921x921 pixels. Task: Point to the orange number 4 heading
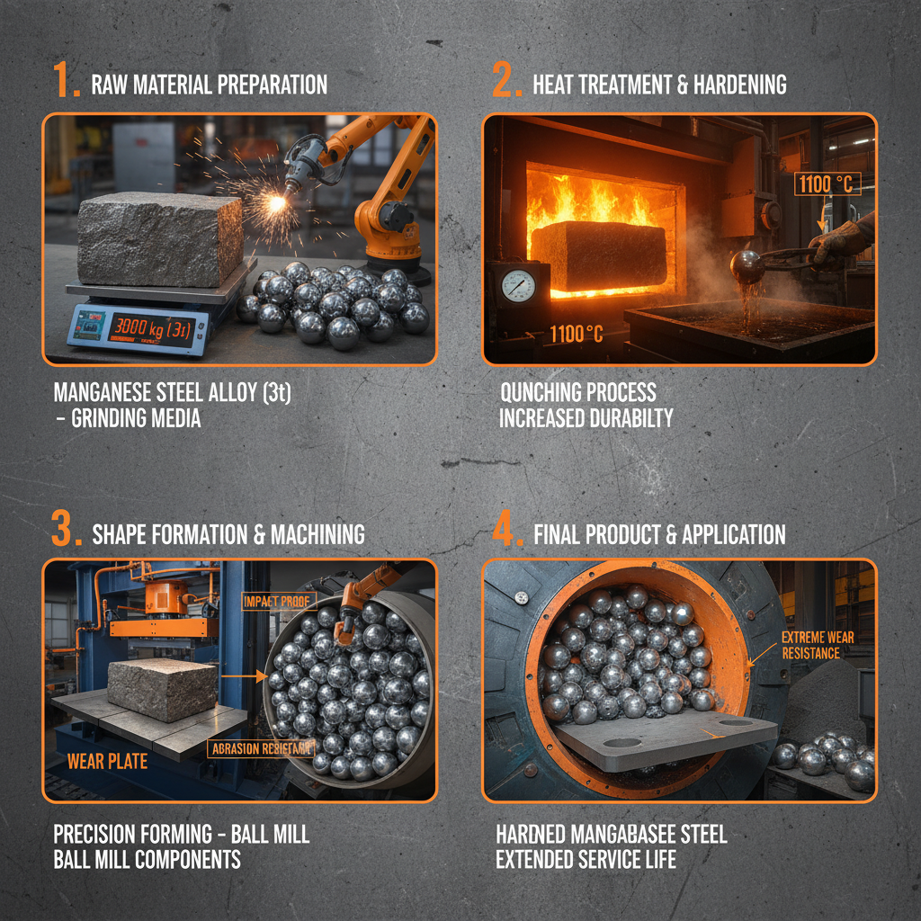click(x=505, y=531)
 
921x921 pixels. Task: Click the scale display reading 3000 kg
click(x=150, y=330)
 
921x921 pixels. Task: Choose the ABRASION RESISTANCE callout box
click(x=261, y=747)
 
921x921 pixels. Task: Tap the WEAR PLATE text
click(x=107, y=762)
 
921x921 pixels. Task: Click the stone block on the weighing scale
click(x=159, y=238)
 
